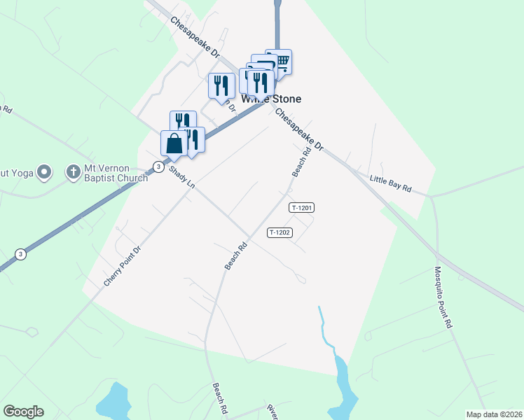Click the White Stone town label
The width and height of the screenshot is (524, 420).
(x=272, y=99)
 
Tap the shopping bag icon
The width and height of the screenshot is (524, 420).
(x=174, y=143)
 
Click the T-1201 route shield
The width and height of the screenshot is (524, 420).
(x=301, y=208)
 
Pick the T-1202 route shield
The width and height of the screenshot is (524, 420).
(x=279, y=232)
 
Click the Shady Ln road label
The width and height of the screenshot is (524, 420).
(x=181, y=180)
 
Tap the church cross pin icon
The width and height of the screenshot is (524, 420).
(x=73, y=171)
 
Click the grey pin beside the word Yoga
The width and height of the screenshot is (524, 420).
(x=44, y=171)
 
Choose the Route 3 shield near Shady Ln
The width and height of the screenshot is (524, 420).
(x=159, y=167)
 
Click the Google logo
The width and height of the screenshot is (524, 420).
(x=23, y=412)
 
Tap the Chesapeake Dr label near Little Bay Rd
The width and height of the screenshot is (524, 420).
(x=298, y=130)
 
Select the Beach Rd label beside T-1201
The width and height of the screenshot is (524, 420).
(x=301, y=162)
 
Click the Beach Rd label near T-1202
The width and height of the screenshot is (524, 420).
(x=237, y=257)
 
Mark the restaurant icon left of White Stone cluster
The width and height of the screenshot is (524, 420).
(x=221, y=85)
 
